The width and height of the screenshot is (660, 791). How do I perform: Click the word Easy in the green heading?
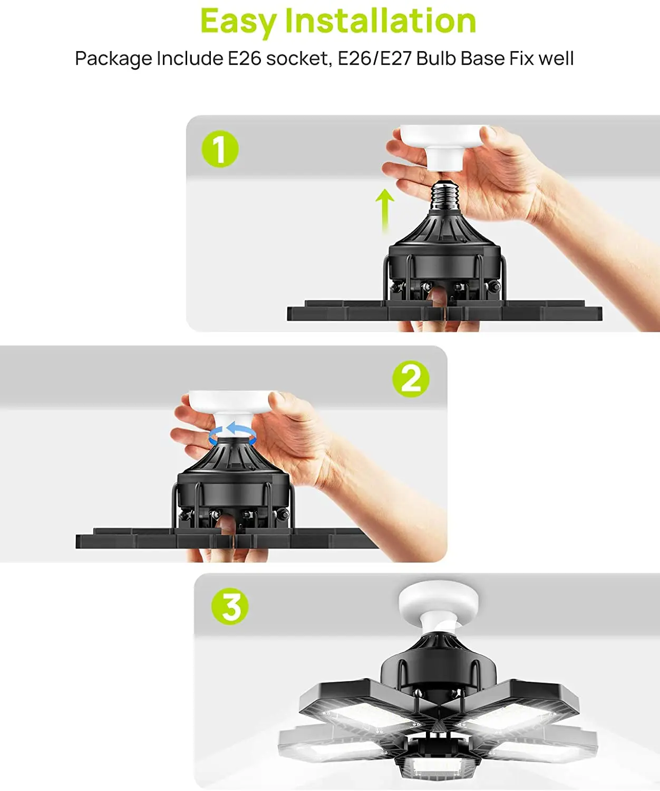tap(238, 22)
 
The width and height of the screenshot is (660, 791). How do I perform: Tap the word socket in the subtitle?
tap(297, 59)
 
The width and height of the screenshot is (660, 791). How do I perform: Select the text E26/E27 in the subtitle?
tap(374, 59)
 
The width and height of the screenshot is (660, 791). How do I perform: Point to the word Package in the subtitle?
tap(113, 59)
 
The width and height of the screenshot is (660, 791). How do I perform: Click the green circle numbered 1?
tap(220, 149)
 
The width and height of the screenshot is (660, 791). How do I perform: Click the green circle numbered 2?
tap(411, 379)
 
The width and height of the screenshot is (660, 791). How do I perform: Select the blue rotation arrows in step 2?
tap(232, 435)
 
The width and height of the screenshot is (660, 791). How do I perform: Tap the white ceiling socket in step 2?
tap(232, 411)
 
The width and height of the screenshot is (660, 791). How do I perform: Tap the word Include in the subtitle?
tap(190, 59)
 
